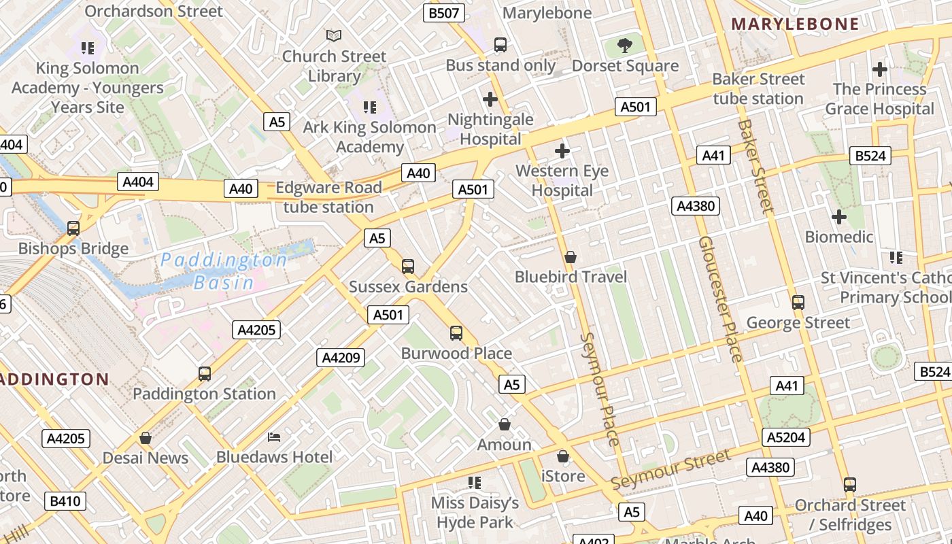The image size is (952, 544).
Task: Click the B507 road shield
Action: [x=444, y=12]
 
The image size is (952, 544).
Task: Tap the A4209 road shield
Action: [x=340, y=357]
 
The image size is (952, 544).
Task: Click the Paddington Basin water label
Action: [x=224, y=271]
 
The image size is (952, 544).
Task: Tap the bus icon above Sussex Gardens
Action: [x=408, y=266]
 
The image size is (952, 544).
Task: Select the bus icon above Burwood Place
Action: [x=456, y=333]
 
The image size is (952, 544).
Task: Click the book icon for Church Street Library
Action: [x=334, y=35]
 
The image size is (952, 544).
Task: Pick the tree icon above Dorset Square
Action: [x=625, y=46]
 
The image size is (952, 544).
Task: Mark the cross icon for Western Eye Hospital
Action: [x=562, y=150]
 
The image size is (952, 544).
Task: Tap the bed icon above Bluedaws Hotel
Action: [x=274, y=437]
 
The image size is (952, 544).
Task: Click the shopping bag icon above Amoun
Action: [x=505, y=424]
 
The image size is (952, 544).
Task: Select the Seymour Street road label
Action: [x=670, y=469]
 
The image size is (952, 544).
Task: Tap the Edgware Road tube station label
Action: [x=328, y=197]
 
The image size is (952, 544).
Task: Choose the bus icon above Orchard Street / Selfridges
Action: [x=849, y=484]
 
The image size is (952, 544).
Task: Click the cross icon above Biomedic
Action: [x=839, y=217]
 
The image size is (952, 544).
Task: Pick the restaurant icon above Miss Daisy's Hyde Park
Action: [x=475, y=483]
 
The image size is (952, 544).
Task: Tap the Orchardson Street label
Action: [x=154, y=11]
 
